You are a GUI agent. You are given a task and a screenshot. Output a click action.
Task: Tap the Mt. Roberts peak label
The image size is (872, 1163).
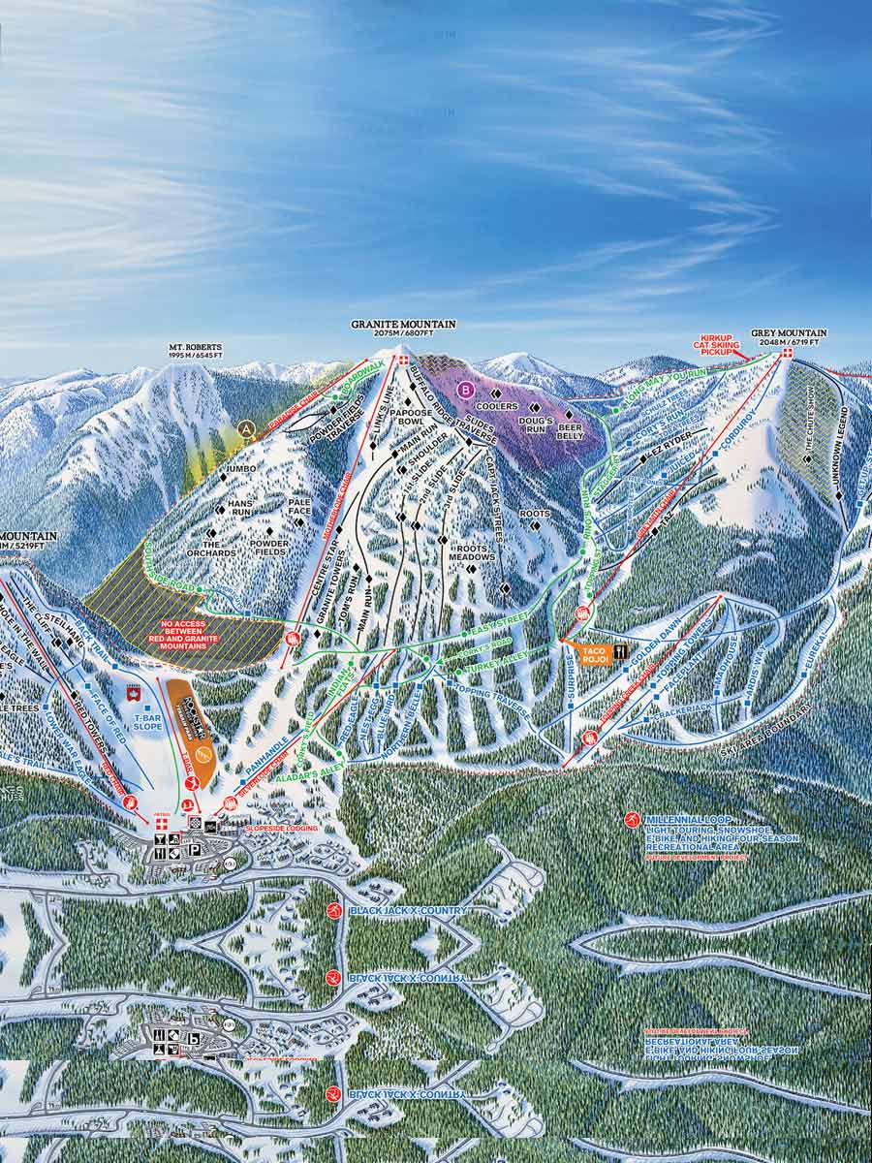(196, 347)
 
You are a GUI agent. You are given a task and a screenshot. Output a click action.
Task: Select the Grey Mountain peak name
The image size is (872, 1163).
(785, 332)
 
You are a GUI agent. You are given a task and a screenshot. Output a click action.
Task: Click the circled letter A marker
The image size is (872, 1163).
(247, 427)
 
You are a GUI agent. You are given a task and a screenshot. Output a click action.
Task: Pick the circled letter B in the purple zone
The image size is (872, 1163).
(467, 391)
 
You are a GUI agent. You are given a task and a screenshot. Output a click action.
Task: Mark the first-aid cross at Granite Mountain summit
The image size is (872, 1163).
(404, 361)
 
